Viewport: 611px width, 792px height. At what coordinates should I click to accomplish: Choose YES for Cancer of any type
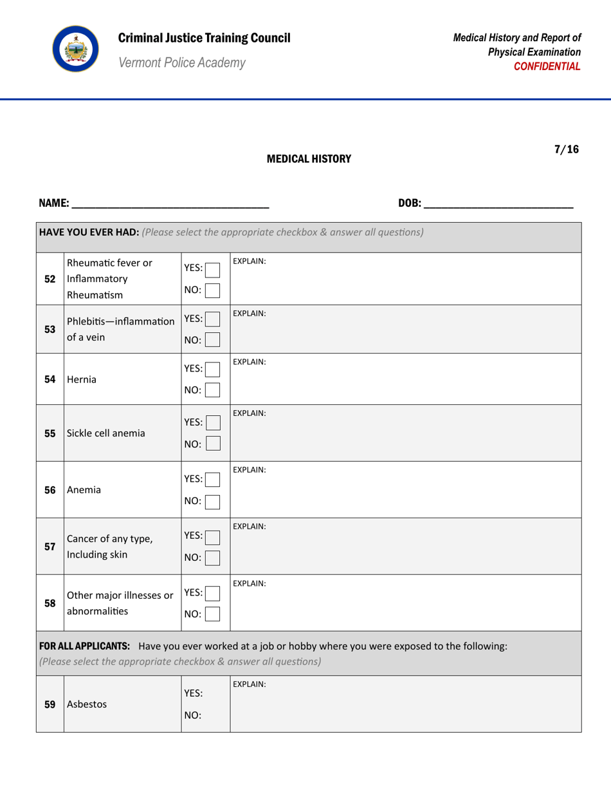214,535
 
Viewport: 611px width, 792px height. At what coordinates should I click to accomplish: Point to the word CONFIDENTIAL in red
551,66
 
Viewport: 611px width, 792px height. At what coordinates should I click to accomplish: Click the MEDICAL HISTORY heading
309,158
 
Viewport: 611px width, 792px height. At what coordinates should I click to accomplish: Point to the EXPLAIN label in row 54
250,363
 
